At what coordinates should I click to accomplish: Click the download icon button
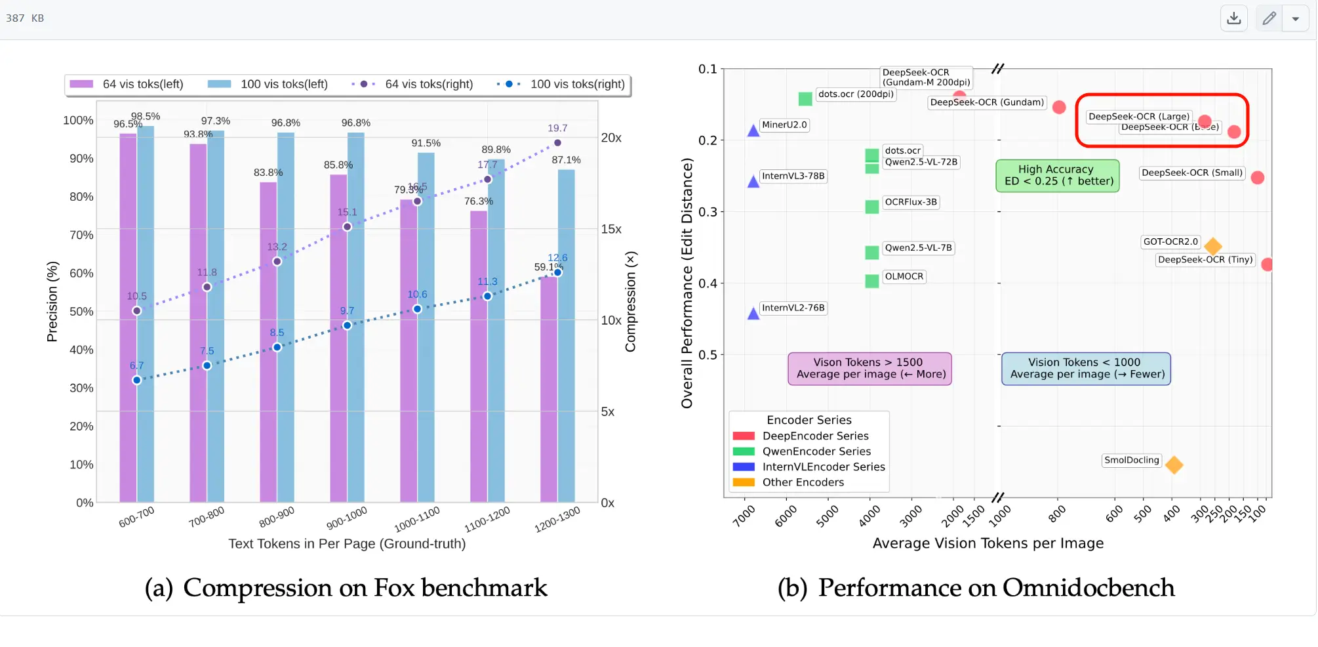coord(1233,18)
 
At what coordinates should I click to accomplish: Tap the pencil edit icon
coord(1269,18)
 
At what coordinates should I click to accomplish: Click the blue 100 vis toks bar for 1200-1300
coord(566,335)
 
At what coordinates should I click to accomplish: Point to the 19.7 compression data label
coord(557,128)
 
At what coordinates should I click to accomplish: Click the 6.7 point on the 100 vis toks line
coord(136,380)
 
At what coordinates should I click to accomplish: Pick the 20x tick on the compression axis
coord(611,138)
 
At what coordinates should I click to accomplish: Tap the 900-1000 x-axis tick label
coord(347,518)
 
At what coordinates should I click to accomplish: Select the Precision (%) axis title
coord(52,302)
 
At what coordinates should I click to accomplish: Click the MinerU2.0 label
coord(784,125)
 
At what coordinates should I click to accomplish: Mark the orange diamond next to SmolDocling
coord(1174,465)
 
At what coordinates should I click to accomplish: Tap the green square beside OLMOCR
coord(872,281)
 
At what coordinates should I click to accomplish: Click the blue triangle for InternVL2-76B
coord(753,313)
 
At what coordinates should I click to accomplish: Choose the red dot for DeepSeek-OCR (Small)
coord(1257,177)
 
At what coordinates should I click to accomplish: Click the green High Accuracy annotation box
coord(1058,175)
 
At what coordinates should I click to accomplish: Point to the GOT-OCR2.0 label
coord(1170,241)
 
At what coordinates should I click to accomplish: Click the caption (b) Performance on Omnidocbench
coord(976,588)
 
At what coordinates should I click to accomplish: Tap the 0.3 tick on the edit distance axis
coord(708,212)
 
